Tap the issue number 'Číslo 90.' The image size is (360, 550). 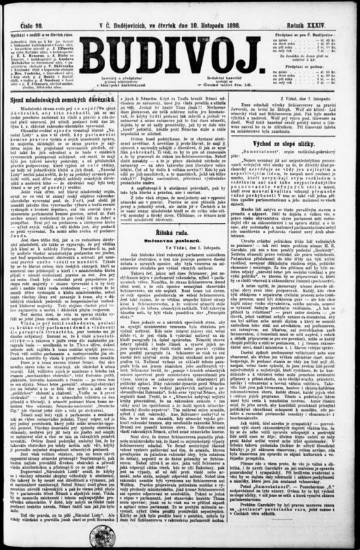(x=25, y=14)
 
